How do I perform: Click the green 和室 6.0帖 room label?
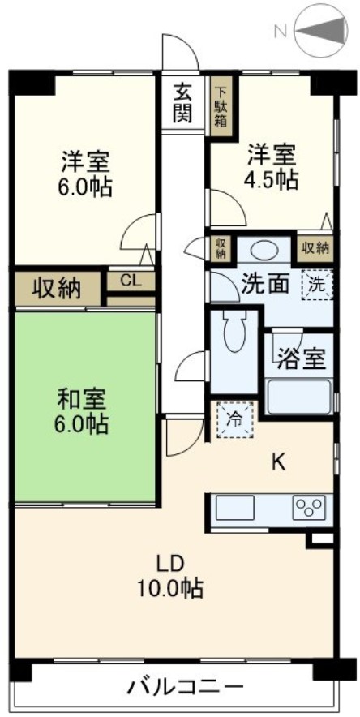tap(84, 410)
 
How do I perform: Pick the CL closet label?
tap(131, 281)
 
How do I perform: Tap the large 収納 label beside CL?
tap(58, 287)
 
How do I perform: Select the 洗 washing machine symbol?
tap(317, 284)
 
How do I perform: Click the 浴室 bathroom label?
tap(299, 358)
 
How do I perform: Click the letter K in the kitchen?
tap(278, 462)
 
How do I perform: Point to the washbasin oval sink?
tap(260, 250)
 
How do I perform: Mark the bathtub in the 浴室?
tap(299, 395)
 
